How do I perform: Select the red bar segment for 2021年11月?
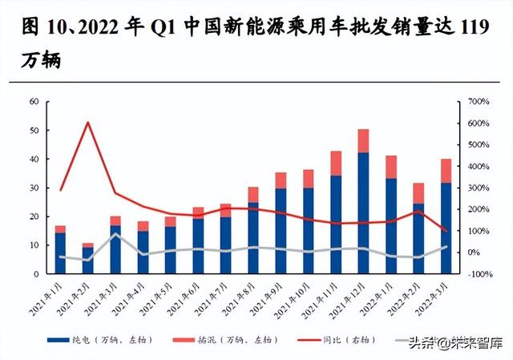(x=336, y=163)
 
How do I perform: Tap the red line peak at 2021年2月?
(x=88, y=123)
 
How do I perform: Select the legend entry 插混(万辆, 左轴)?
(x=228, y=341)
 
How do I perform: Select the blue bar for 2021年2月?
(x=88, y=261)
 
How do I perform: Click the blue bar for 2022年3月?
(x=445, y=229)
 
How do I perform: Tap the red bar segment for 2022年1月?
(x=390, y=167)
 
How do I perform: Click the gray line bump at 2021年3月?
(x=115, y=235)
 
